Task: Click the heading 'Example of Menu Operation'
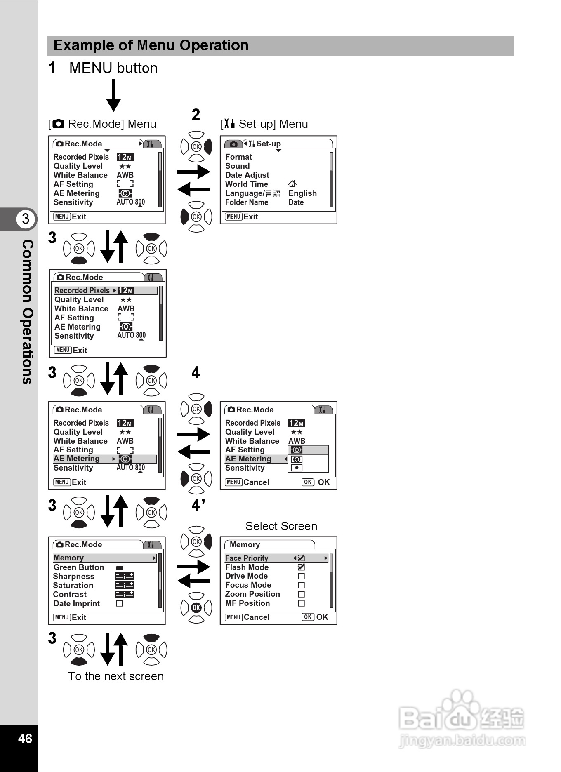(x=151, y=45)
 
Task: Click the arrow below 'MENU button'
(x=113, y=95)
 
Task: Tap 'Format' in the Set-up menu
(x=238, y=157)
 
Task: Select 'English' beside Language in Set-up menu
(x=302, y=193)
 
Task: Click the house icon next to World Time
(x=292, y=184)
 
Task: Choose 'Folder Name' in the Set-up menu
(x=247, y=202)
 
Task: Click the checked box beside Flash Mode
(x=302, y=567)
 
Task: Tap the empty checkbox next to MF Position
(x=302, y=603)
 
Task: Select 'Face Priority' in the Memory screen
(x=247, y=558)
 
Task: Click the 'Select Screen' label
(x=281, y=526)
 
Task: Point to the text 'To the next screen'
(x=116, y=676)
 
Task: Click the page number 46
(x=25, y=738)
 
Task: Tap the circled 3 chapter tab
(x=26, y=219)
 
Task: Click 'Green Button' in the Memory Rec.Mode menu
(x=79, y=567)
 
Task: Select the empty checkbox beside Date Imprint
(x=120, y=603)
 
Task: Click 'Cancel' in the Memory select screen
(x=256, y=617)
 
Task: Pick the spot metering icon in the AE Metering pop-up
(x=297, y=468)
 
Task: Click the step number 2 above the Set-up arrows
(x=196, y=115)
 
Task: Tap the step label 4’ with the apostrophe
(x=198, y=505)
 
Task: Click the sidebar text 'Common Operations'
(x=27, y=311)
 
